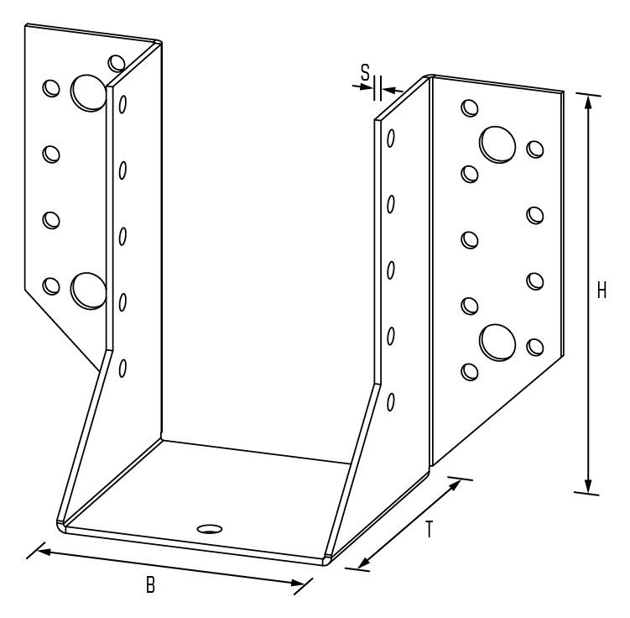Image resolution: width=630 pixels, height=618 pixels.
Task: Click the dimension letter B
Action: [150, 585]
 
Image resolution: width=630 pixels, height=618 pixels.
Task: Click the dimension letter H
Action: [601, 291]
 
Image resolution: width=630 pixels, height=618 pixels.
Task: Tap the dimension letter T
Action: [430, 529]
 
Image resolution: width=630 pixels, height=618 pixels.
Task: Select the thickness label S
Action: [365, 73]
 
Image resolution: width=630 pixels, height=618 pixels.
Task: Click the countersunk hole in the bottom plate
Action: [210, 529]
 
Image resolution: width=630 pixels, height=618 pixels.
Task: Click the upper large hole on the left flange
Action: [88, 92]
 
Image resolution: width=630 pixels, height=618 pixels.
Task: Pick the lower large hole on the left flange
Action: [88, 291]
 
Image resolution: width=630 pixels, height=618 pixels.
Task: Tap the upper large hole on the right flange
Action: [497, 144]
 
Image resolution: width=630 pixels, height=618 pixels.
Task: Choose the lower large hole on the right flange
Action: [497, 343]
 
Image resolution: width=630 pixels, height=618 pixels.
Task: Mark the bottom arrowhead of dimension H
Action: [588, 485]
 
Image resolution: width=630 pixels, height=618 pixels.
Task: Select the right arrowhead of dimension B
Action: [297, 583]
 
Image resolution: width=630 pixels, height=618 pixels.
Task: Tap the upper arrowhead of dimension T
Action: [454, 486]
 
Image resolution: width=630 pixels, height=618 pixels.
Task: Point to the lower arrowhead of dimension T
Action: [364, 561]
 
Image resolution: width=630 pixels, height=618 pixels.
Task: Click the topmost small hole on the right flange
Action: [470, 107]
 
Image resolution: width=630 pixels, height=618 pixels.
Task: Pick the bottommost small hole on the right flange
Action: [470, 372]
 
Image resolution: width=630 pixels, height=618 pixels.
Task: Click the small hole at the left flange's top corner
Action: [117, 64]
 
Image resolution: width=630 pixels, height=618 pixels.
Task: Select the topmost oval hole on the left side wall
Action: [123, 104]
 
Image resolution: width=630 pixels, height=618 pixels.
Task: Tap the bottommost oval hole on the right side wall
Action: [391, 402]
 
